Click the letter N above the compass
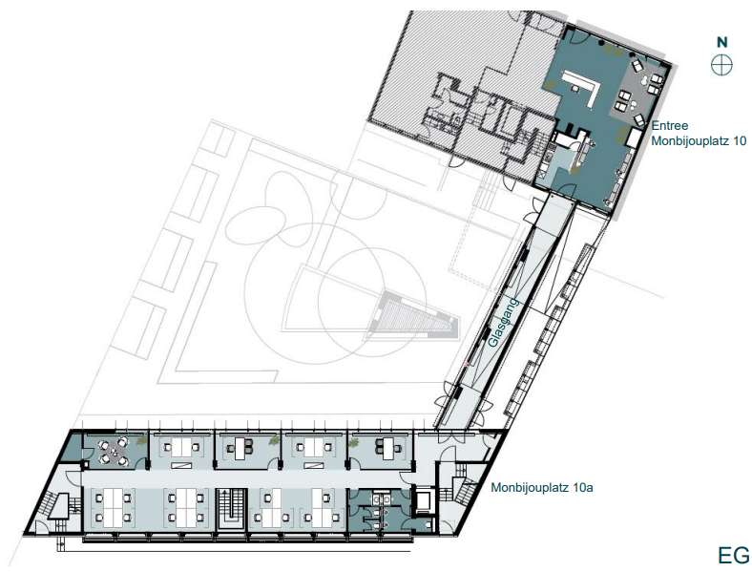[x=721, y=42]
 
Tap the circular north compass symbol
[x=721, y=64]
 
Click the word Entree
[x=670, y=126]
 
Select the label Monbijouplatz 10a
[x=542, y=488]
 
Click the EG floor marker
[x=733, y=555]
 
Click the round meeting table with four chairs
[x=114, y=451]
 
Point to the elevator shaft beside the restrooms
[x=425, y=500]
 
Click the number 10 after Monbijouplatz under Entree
[x=740, y=141]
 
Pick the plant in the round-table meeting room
[x=140, y=441]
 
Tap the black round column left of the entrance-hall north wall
[x=601, y=43]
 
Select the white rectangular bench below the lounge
[x=634, y=138]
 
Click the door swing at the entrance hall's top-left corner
[x=574, y=36]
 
